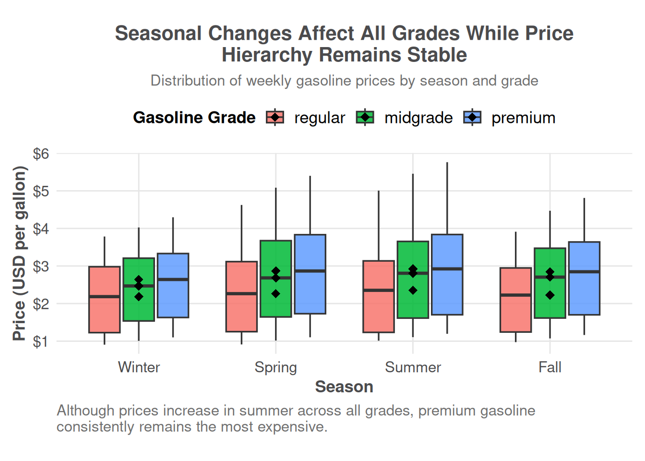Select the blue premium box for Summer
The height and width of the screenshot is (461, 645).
[447, 293]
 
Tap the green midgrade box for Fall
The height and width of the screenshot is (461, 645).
[550, 303]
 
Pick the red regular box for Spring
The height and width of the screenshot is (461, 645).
[241, 312]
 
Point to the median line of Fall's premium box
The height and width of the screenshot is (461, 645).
[584, 272]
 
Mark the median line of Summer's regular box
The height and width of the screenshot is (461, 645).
[379, 290]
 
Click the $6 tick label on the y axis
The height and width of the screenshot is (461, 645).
[41, 154]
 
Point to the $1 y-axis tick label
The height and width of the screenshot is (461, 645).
[41, 341]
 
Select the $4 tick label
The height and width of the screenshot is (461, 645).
[41, 229]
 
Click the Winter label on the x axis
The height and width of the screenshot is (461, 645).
[139, 367]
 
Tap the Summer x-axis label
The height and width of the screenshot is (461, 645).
[413, 367]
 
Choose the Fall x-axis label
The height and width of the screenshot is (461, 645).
[550, 367]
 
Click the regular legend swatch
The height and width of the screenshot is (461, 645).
[275, 118]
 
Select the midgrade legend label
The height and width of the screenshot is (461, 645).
[418, 118]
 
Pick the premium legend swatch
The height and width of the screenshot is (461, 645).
[472, 118]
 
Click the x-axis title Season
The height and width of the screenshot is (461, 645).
[344, 387]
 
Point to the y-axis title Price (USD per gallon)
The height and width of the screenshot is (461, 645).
[19, 253]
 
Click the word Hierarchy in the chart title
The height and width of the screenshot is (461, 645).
[266, 55]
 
